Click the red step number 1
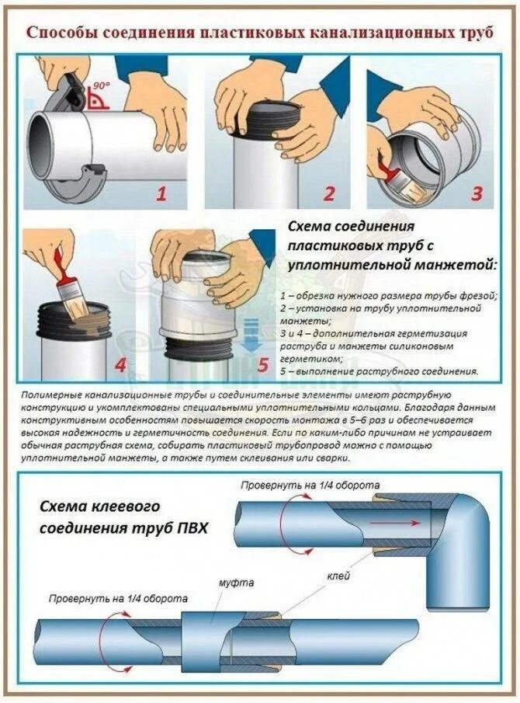161,194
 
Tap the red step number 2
329,193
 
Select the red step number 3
476,193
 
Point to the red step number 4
120,365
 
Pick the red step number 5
263,364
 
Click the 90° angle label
100,85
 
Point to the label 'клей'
338,576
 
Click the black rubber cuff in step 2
270,119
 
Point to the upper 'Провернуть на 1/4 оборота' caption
310,485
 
